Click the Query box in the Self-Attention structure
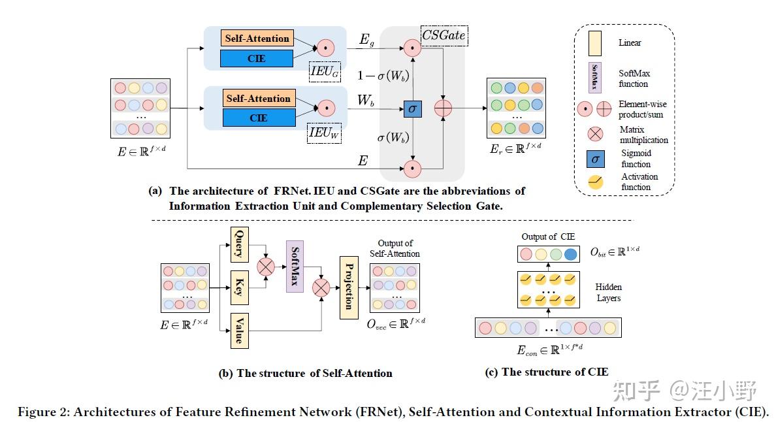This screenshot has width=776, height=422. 240,244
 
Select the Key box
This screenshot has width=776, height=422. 240,287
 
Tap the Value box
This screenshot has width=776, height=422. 240,331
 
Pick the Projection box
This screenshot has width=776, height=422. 349,287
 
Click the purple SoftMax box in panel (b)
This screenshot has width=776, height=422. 295,266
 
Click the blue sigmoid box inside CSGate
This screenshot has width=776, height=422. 413,109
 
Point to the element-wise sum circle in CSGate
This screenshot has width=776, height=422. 443,108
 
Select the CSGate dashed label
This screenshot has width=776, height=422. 444,36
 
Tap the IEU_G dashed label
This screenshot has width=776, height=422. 325,73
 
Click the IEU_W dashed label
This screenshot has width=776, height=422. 324,133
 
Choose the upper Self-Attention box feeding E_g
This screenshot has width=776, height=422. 257,38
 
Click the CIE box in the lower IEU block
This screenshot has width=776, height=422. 259,118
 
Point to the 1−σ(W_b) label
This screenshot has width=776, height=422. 383,76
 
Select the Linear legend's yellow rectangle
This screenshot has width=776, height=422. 595,44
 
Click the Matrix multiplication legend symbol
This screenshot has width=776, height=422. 595,134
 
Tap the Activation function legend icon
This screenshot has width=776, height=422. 596,182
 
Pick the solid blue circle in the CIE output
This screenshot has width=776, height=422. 571,254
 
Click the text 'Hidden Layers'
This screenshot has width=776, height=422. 608,293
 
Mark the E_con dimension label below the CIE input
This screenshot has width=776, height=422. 549,349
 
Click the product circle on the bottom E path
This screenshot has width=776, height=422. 412,169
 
